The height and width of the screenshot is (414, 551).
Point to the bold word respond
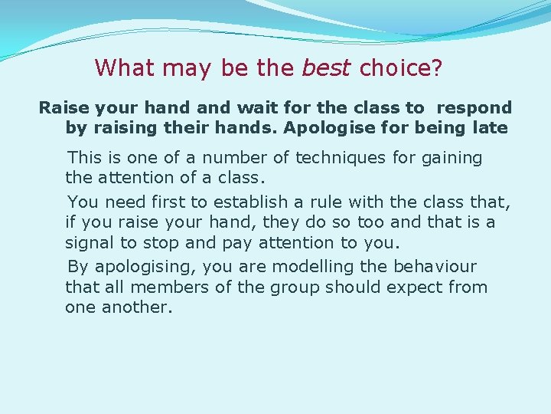pyautogui.click(x=474, y=107)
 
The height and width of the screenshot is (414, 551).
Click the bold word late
pyautogui.click(x=491, y=127)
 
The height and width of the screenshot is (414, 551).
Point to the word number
pyautogui.click(x=236, y=158)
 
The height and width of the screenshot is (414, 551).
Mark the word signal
pyautogui.click(x=90, y=244)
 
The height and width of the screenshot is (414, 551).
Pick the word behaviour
pyautogui.click(x=434, y=267)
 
